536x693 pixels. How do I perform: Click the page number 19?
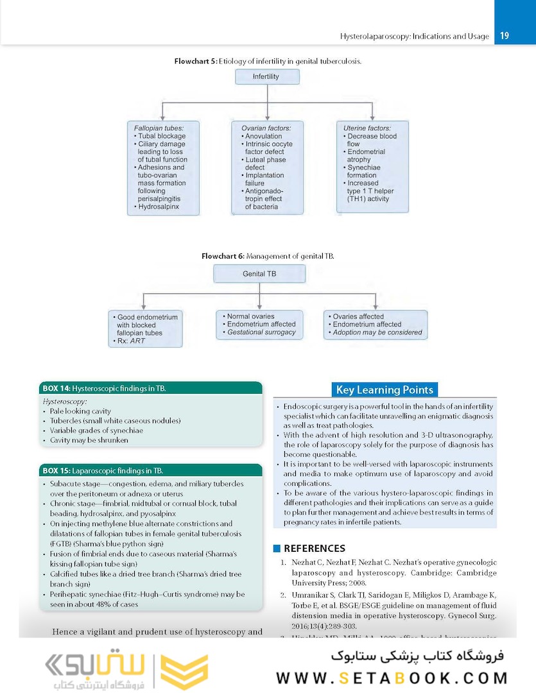point(505,36)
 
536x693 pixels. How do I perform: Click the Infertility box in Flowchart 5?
point(266,76)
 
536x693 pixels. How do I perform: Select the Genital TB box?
point(259,273)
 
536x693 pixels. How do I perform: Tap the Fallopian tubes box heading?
point(155,128)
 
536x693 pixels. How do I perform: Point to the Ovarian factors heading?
point(265,128)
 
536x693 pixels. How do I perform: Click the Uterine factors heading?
point(367,128)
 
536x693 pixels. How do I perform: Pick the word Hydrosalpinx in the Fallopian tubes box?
point(160,207)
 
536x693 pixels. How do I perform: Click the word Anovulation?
point(263,136)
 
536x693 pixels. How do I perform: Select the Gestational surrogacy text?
point(261,332)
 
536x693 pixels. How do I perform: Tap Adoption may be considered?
point(377,332)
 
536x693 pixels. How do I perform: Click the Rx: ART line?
point(131,341)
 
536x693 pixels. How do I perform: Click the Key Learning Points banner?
point(385,389)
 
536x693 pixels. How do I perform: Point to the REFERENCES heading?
point(315,549)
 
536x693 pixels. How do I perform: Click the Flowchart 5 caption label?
point(196,62)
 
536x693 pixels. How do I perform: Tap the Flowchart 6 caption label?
point(223,256)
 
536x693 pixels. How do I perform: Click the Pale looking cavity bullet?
point(80,411)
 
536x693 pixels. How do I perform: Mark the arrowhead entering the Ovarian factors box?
point(266,119)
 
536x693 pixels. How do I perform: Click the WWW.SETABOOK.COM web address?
point(392,678)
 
